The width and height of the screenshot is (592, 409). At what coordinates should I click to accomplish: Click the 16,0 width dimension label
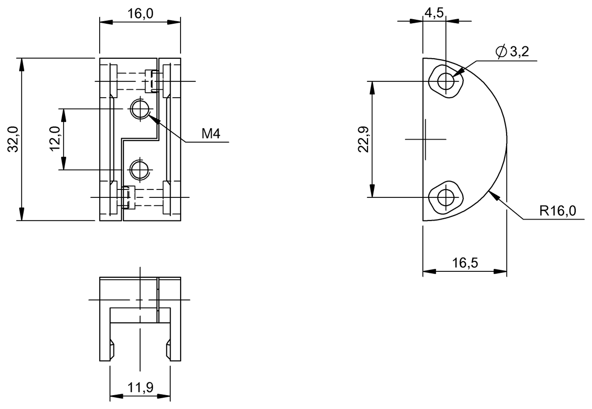point(140,13)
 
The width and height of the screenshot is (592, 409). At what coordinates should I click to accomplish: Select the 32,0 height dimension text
point(13,139)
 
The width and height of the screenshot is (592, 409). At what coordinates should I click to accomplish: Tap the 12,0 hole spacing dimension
point(55,139)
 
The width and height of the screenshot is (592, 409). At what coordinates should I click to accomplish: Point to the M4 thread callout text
point(211,134)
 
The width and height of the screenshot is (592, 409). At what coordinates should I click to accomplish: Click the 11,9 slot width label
point(140,388)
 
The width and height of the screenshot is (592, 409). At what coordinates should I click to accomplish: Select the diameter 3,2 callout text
point(512,51)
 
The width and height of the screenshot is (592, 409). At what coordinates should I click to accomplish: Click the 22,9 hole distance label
point(364,139)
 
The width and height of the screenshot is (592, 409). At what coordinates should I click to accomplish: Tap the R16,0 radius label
point(557,211)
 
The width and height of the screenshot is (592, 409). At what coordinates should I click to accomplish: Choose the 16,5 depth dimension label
point(465,263)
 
